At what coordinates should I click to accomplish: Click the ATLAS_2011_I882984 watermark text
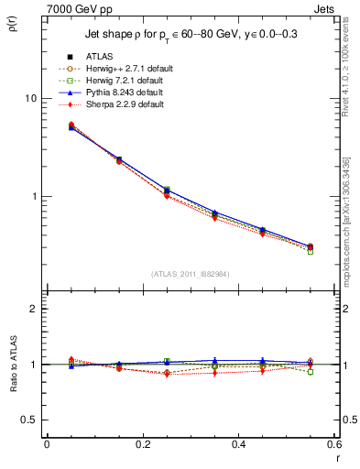click(189, 274)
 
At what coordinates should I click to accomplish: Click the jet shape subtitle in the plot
click(187, 34)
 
